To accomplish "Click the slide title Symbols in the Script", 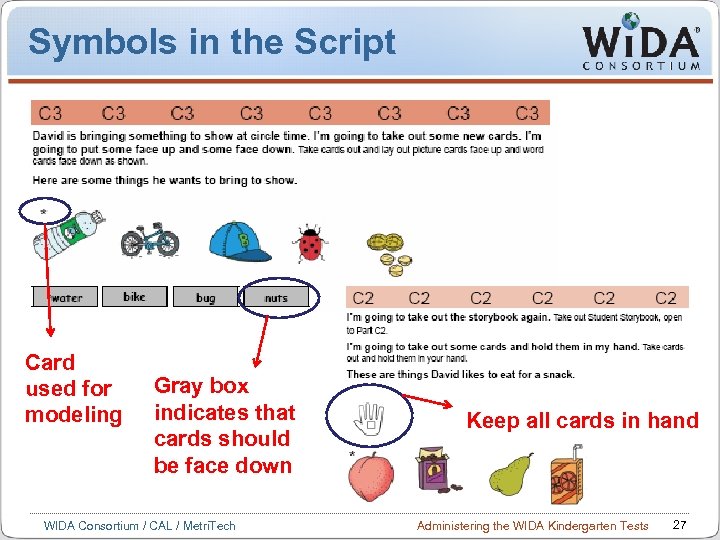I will pos(212,42).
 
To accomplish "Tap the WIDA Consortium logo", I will pos(641,45).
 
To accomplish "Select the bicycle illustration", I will pos(150,241).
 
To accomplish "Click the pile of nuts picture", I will pos(388,254).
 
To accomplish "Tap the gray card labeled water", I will pos(67,298).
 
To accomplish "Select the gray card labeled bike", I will pos(135,297).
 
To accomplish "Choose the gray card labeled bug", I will pos(206,298).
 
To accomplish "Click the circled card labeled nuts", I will pos(277,298).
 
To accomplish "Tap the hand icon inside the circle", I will pos(370,418).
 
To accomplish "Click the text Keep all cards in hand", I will pos(583,420).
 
